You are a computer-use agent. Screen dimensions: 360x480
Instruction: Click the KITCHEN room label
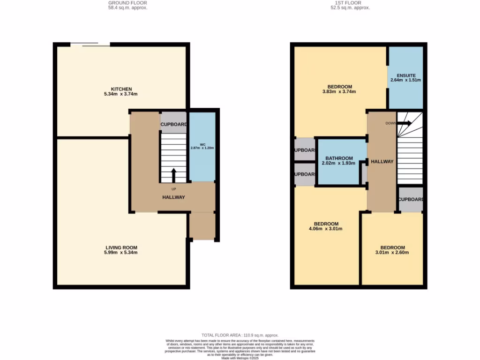pyautogui.click(x=121, y=89)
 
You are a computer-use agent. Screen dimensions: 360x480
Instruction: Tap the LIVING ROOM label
pyautogui.click(x=121, y=247)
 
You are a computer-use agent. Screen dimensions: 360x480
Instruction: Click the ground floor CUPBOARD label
pyautogui.click(x=174, y=125)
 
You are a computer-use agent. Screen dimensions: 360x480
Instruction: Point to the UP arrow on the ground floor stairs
pyautogui.click(x=173, y=176)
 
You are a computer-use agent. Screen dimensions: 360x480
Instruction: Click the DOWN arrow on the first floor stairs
pyautogui.click(x=405, y=123)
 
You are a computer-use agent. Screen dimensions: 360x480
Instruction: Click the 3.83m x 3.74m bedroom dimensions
pyautogui.click(x=340, y=92)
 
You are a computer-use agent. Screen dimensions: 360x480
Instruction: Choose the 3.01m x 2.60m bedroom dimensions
pyautogui.click(x=392, y=253)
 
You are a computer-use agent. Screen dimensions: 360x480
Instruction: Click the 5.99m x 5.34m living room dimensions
pyautogui.click(x=121, y=253)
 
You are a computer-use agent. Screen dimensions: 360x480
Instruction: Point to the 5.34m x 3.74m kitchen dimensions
pyautogui.click(x=121, y=94)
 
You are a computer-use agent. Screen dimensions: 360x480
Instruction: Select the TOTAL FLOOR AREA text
pyautogui.click(x=240, y=335)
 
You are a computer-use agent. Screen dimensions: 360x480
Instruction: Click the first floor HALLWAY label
pyautogui.click(x=382, y=161)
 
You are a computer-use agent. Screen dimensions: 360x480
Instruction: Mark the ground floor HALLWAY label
pyautogui.click(x=173, y=197)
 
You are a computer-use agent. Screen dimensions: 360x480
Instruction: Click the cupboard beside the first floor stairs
pyautogui.click(x=411, y=199)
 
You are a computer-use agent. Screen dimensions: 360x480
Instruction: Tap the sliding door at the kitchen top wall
pyautogui.click(x=90, y=45)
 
